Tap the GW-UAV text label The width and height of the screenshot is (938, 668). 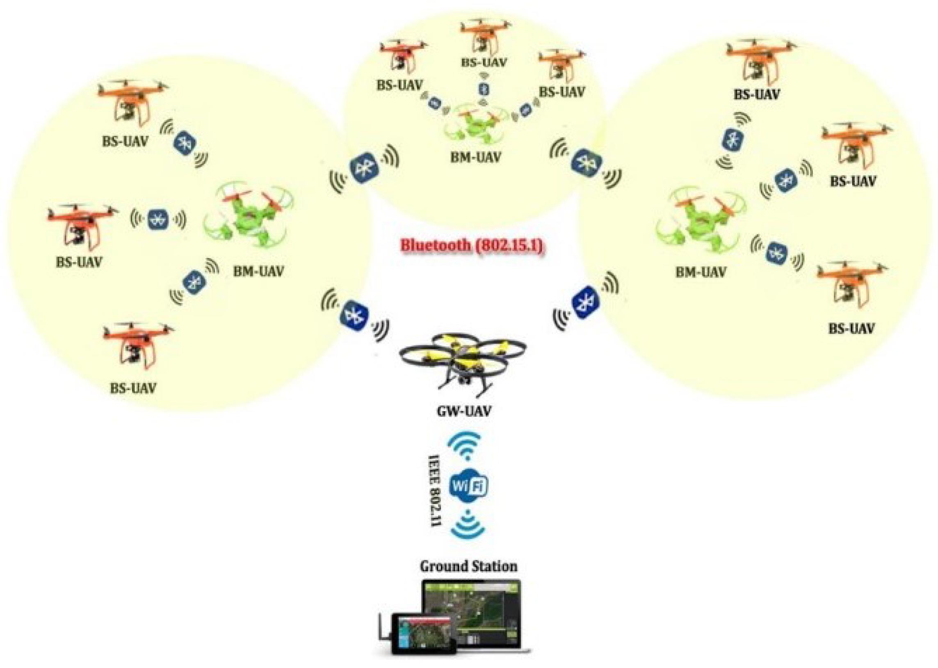463,410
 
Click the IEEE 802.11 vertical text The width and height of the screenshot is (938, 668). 434,490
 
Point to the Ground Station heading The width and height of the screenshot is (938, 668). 468,566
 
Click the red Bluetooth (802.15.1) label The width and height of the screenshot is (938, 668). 472,245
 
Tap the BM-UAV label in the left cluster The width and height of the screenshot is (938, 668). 258,271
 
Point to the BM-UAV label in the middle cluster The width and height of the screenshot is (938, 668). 476,157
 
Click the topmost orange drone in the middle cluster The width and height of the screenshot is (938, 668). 485,34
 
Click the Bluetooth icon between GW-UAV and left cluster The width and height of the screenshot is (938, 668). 354,315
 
